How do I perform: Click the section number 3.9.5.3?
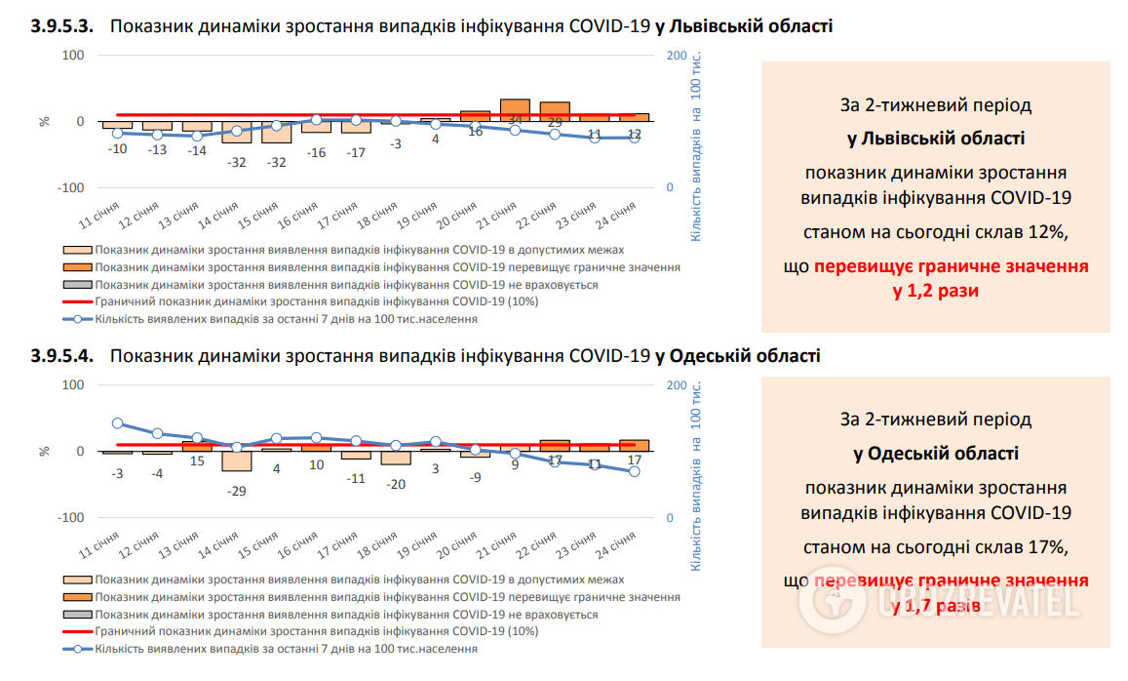point(63,27)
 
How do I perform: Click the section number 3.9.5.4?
point(63,356)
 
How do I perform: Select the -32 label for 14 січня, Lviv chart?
point(237,162)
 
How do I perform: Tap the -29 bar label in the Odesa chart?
point(237,491)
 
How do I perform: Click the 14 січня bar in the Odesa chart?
point(237,461)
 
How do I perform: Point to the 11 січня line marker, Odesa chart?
point(118,423)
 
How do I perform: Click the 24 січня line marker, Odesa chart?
point(634,471)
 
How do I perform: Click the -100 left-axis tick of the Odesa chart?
point(72,517)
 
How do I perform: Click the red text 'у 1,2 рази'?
point(935,291)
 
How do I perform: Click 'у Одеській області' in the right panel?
point(935,454)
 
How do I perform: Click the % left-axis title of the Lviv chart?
point(44,122)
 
